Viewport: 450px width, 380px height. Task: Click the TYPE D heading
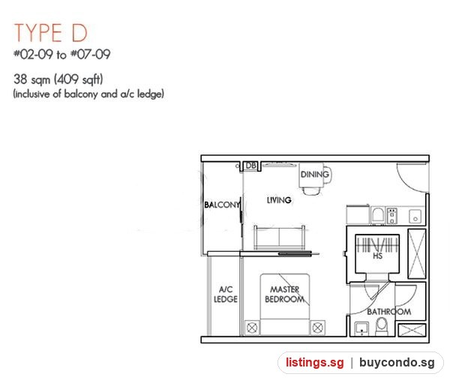tap(51, 33)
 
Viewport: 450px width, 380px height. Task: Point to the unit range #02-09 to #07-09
tap(62, 54)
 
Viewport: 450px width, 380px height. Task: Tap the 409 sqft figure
tap(78, 79)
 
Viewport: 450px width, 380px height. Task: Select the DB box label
tap(250, 166)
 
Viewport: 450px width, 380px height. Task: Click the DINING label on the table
tap(315, 174)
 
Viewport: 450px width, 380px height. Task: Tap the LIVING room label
tap(279, 200)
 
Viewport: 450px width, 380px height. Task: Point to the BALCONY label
tap(222, 205)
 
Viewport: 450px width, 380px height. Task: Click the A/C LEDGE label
tap(226, 295)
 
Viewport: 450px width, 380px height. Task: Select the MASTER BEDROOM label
tap(285, 295)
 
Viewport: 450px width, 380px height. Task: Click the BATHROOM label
tap(388, 312)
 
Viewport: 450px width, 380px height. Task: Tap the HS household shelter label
tap(377, 256)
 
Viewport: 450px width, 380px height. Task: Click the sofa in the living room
tap(279, 237)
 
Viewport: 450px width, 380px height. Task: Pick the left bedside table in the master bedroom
tap(252, 328)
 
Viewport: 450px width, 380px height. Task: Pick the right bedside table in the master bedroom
tap(317, 328)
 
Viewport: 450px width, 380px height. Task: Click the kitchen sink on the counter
tap(415, 216)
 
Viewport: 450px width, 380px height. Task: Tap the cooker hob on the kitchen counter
tap(391, 216)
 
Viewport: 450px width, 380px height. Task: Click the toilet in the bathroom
tap(382, 326)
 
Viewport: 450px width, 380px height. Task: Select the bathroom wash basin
tap(361, 329)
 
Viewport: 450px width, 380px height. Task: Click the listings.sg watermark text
tap(314, 363)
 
